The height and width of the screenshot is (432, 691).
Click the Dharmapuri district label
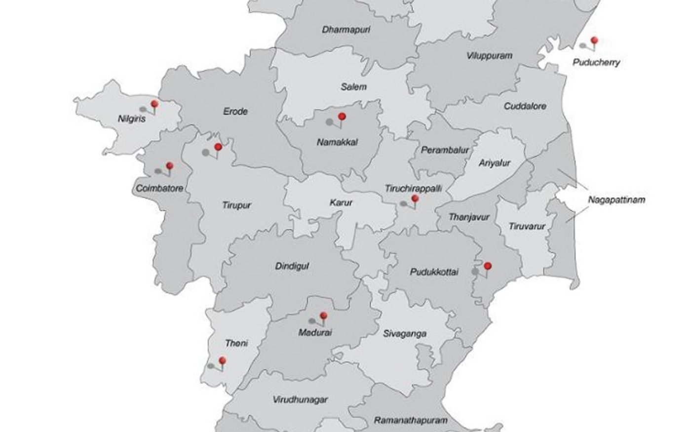[346, 30]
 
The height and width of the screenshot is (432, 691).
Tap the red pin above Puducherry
[594, 40]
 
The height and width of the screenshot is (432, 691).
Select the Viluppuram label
[489, 56]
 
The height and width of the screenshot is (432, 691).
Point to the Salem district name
[353, 87]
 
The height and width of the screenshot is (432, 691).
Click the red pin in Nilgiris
[154, 104]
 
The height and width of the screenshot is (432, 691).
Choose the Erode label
[235, 111]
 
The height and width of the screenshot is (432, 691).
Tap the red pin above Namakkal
[341, 117]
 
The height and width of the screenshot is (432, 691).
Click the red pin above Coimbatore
[170, 165]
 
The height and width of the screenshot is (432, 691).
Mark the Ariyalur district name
[494, 163]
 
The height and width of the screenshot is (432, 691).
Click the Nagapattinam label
[616, 200]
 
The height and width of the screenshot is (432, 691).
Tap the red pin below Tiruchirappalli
[415, 198]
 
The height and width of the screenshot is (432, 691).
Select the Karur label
[341, 202]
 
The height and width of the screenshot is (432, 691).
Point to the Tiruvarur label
[527, 227]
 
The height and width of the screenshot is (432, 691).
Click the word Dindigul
[292, 266]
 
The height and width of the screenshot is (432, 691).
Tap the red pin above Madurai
[323, 315]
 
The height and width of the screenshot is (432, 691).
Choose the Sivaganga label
[405, 334]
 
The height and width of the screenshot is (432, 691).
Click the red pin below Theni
[222, 360]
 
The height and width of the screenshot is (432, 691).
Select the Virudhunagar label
[300, 399]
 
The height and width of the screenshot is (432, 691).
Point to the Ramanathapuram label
[411, 421]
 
